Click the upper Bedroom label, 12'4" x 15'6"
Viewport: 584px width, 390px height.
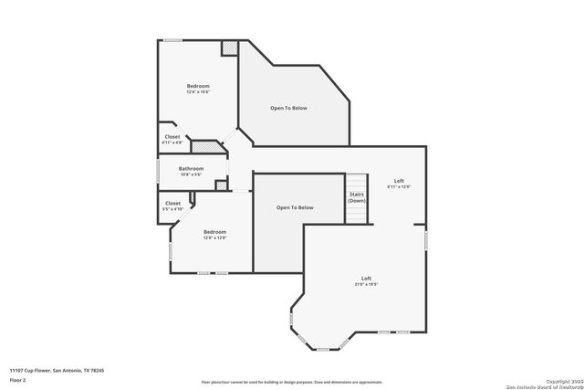coord(198,89)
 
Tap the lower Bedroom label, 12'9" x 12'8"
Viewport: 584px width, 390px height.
coord(214,235)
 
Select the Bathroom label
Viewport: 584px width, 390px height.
coord(191,171)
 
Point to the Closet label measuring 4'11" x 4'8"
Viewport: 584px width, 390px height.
coord(172,140)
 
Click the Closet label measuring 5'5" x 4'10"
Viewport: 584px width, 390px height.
coord(172,206)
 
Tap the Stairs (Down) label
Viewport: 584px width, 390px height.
coord(357,197)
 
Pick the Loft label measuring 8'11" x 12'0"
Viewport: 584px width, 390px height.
coord(399,184)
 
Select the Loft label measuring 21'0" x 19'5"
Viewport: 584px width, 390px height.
coord(366,280)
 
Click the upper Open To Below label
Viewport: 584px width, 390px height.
coord(288,108)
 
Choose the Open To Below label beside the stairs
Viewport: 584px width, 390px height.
coord(295,207)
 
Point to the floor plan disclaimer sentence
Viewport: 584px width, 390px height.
coord(292,382)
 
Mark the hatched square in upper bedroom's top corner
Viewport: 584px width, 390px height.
coord(230,47)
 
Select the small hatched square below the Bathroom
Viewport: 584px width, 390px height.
coord(221,185)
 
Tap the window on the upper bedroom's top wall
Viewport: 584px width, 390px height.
coord(173,39)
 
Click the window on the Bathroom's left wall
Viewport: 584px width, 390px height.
coord(159,171)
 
